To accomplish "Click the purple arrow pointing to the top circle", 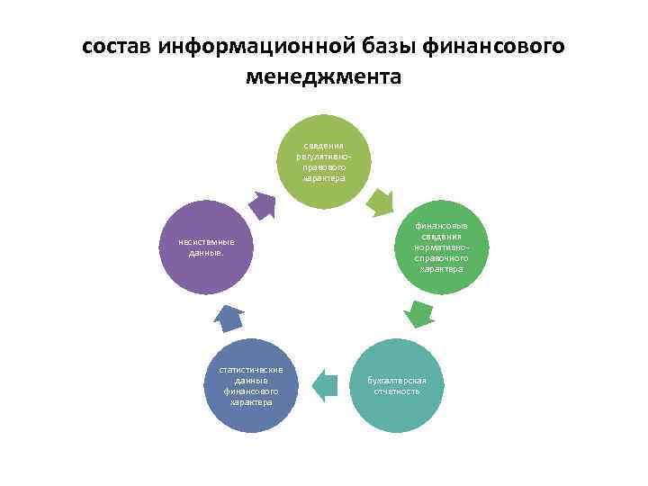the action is point(262,206).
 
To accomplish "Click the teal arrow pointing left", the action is point(325,384).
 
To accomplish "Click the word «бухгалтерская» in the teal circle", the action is point(397,380).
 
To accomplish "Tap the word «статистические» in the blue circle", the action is point(251,369).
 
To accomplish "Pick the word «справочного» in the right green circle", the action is point(441,257).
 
